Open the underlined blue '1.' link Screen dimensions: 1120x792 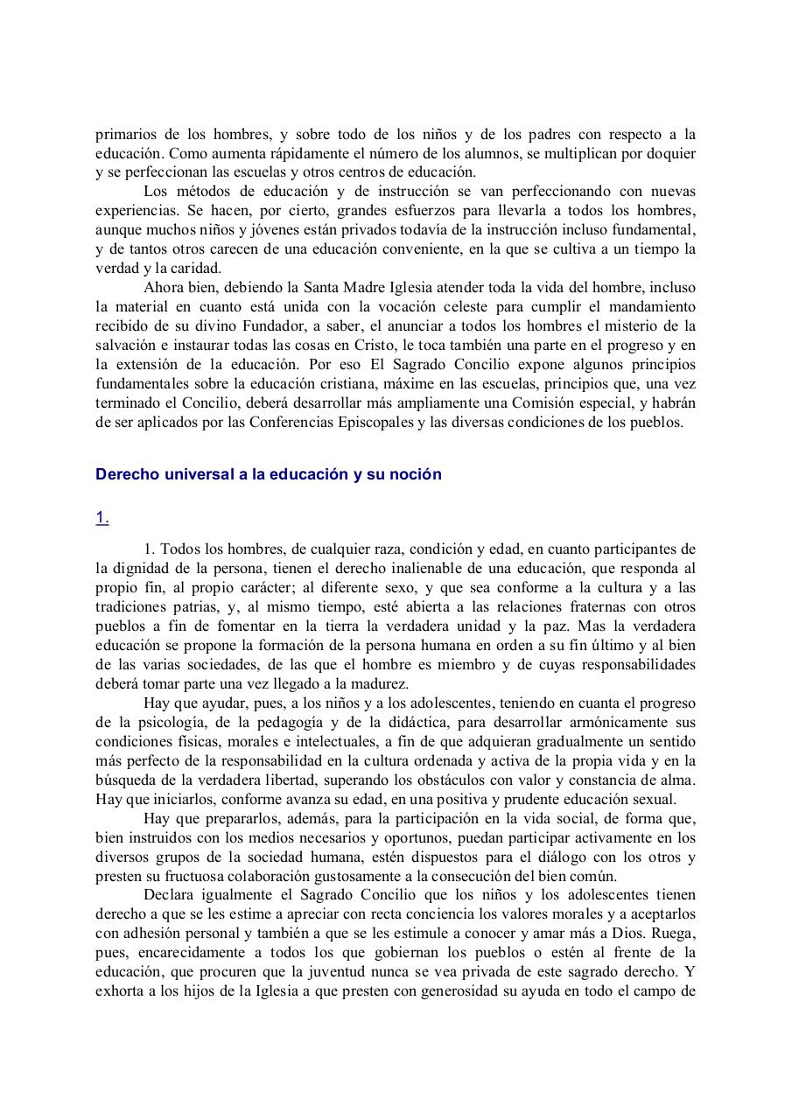tap(102, 518)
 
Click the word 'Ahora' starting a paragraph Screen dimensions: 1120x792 tap(164, 287)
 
